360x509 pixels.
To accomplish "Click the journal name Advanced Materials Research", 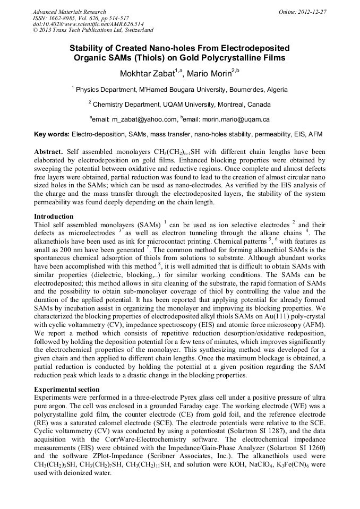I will click(x=69, y=12).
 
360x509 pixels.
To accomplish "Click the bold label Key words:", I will click(x=52, y=134).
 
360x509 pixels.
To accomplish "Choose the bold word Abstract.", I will click(x=49, y=151).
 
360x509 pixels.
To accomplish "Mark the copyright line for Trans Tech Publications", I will click(x=93, y=30).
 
